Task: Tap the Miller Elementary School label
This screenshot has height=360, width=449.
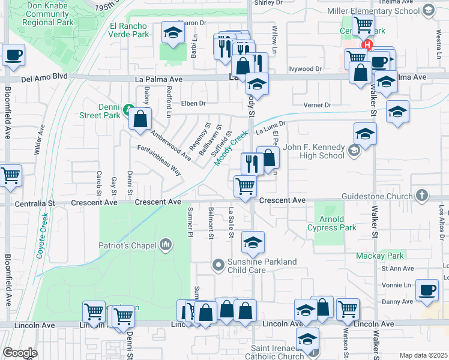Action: tap(373, 11)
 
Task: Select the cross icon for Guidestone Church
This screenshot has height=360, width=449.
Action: tap(422, 196)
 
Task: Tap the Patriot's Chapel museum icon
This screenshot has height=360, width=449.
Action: tap(166, 245)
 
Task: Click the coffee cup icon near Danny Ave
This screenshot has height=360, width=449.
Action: tap(426, 290)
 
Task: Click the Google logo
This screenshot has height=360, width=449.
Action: tap(20, 353)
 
